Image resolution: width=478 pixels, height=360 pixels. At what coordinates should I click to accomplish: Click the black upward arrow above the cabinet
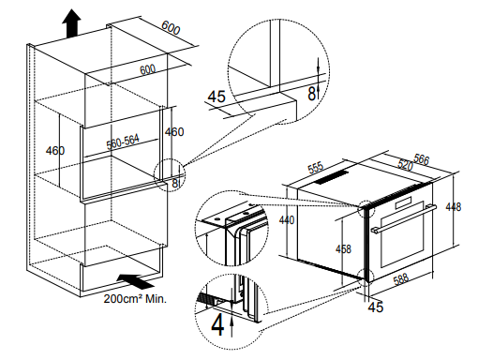point(71,23)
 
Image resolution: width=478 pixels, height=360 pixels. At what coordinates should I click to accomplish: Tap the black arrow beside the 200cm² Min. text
point(135,281)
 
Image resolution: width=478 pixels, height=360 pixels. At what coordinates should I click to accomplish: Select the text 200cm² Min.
point(135,299)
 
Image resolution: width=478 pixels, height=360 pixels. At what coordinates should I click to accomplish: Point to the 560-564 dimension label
point(123,142)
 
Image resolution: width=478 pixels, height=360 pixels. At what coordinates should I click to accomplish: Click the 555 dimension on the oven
point(316,168)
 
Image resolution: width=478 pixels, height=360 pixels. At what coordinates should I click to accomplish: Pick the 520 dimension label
point(405,164)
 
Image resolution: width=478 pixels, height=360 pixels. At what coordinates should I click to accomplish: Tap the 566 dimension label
point(421,159)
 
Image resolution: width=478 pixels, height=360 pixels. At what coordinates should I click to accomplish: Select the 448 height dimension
point(454,207)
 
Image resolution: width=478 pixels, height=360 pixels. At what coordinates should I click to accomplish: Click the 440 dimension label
point(287,220)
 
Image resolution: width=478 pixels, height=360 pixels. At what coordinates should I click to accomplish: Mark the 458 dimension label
point(343,249)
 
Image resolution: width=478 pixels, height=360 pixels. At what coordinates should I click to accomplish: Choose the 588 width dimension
point(401,279)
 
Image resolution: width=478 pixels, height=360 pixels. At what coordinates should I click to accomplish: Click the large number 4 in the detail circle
point(217,325)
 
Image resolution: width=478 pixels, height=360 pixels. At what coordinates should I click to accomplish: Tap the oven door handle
point(404,218)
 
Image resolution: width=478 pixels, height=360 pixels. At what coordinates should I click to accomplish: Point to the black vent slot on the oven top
point(331,177)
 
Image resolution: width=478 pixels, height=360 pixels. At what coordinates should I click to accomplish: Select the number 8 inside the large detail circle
point(311,93)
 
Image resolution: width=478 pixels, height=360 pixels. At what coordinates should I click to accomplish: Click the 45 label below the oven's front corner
point(376,307)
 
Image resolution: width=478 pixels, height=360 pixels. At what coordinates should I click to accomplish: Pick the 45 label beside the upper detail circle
point(217,97)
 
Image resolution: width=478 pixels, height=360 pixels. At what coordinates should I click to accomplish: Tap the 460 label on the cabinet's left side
point(55,151)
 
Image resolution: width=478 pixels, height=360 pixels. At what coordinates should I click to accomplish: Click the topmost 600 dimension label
point(171,28)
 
